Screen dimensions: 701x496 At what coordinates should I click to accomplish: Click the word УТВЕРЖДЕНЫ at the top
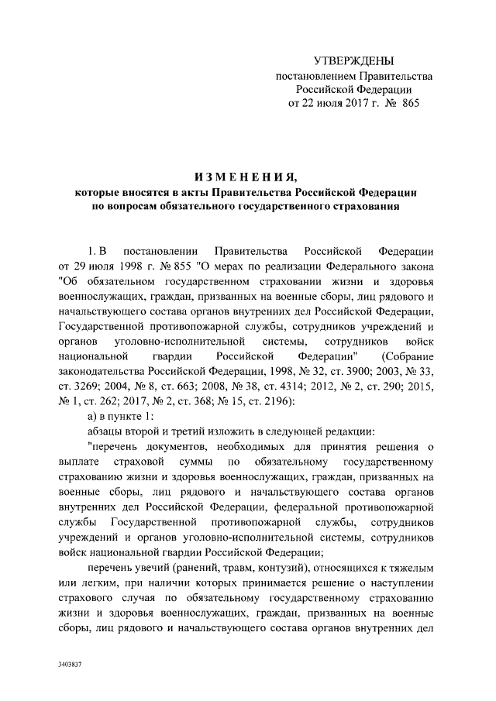[x=353, y=60]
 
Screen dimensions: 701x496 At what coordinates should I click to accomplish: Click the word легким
[x=98, y=586]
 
